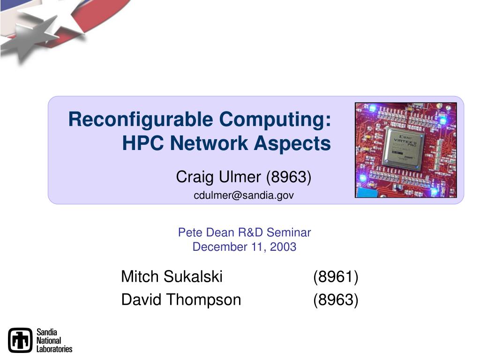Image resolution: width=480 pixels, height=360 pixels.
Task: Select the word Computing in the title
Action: (275, 120)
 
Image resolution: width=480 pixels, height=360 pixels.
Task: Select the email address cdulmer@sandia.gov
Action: (244, 195)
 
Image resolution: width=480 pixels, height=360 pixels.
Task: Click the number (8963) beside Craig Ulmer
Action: (289, 177)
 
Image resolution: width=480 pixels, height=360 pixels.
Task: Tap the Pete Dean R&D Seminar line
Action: (245, 232)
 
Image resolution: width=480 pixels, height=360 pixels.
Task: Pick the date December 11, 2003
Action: (244, 247)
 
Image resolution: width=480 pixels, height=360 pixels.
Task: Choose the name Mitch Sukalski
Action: (172, 277)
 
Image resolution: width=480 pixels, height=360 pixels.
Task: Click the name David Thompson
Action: (181, 300)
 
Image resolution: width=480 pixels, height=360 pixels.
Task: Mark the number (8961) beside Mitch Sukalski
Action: (336, 277)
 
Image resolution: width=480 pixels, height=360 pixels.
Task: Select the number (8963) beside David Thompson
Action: (336, 300)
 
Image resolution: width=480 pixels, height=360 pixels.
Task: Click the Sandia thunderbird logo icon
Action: (20, 340)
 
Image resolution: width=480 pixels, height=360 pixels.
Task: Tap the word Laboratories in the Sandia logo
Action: (54, 349)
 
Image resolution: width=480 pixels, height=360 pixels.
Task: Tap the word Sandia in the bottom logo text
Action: (47, 332)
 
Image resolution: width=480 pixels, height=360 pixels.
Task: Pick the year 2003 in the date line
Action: (283, 247)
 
